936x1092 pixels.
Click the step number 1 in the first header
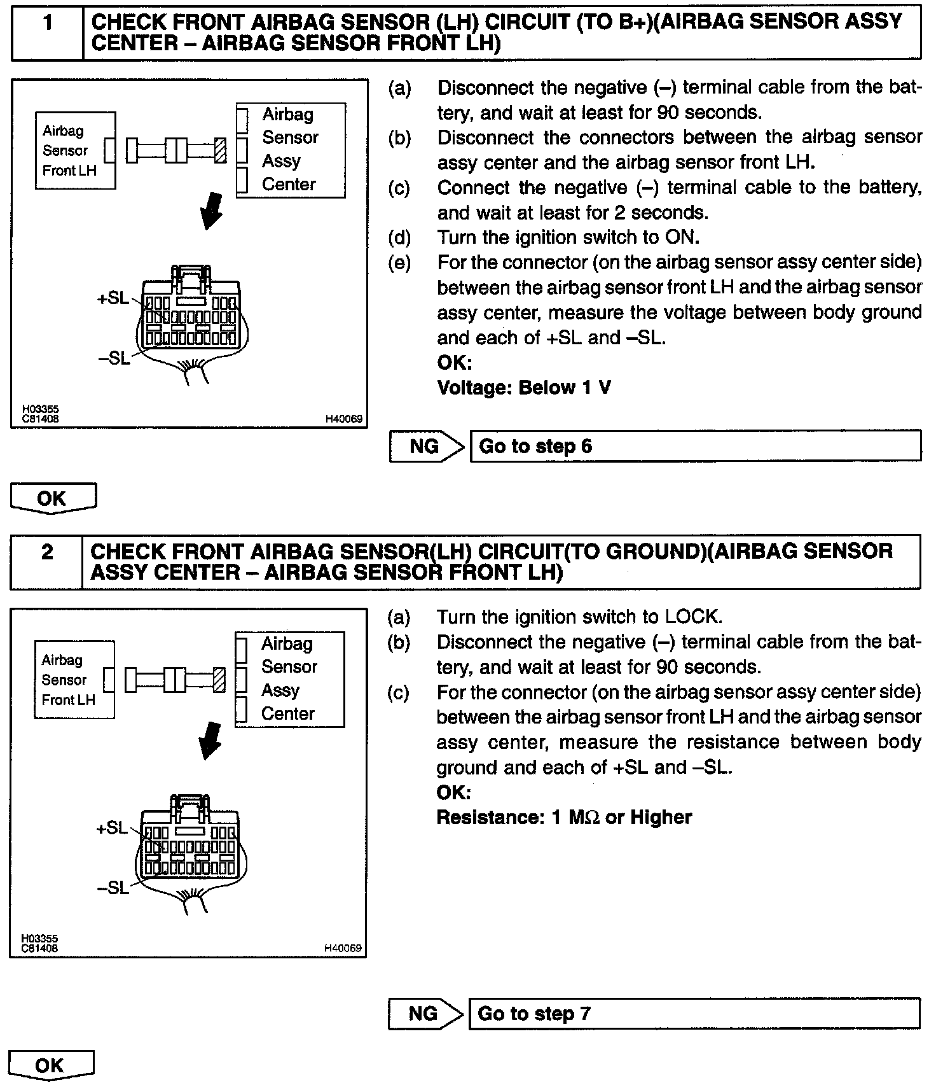pyautogui.click(x=48, y=24)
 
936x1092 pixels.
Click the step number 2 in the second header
pyautogui.click(x=47, y=552)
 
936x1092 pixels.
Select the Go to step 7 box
pyautogui.click(x=694, y=1013)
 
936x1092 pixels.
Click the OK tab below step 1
pyautogui.click(x=53, y=498)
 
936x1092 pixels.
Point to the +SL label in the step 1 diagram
pyautogui.click(x=113, y=298)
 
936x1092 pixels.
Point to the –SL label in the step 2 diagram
pyautogui.click(x=113, y=887)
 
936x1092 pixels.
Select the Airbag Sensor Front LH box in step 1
pyautogui.click(x=75, y=151)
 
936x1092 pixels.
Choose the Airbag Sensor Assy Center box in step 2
pyautogui.click(x=290, y=679)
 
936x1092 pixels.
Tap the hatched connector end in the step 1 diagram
pyautogui.click(x=221, y=151)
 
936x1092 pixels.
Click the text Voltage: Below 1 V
pyautogui.click(x=524, y=388)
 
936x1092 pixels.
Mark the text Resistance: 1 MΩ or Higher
pyautogui.click(x=563, y=817)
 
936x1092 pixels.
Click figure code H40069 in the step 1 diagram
pyautogui.click(x=343, y=419)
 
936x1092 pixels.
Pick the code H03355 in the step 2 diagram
pyautogui.click(x=39, y=939)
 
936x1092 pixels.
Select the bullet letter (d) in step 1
pyautogui.click(x=399, y=238)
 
